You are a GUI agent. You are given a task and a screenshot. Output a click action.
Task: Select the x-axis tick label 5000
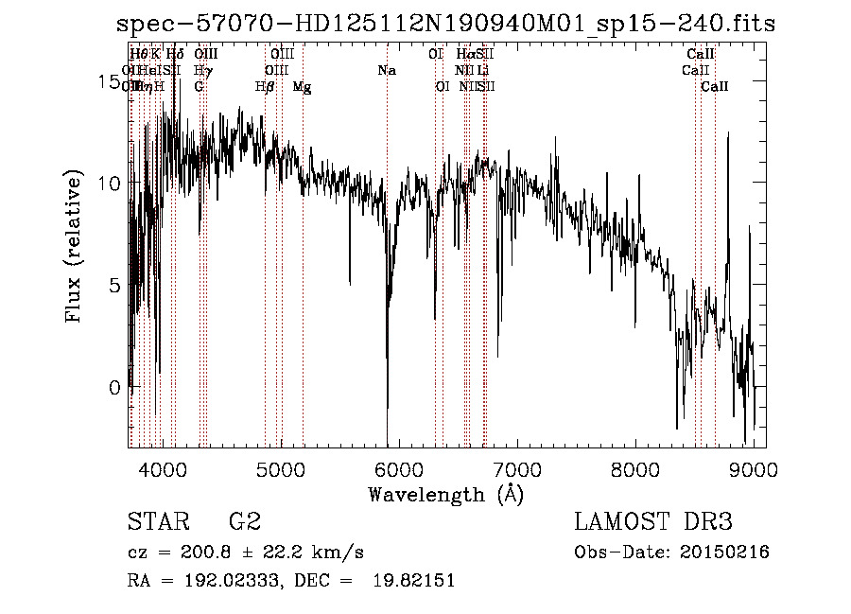point(281,470)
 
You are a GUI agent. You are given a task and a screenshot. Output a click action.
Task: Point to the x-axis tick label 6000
point(399,470)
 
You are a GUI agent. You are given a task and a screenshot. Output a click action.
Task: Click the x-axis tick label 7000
point(517,470)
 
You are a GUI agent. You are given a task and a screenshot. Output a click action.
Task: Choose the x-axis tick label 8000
point(635,470)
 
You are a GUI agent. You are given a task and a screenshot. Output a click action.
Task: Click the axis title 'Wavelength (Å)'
point(445,495)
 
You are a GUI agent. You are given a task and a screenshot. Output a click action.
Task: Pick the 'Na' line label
point(386,71)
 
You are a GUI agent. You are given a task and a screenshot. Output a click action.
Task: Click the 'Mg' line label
point(302,87)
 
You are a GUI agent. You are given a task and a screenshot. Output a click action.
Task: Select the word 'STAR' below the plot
point(156,522)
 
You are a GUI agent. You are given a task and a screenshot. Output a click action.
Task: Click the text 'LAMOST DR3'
point(653,522)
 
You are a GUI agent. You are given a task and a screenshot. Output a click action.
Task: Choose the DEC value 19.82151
point(414,581)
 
